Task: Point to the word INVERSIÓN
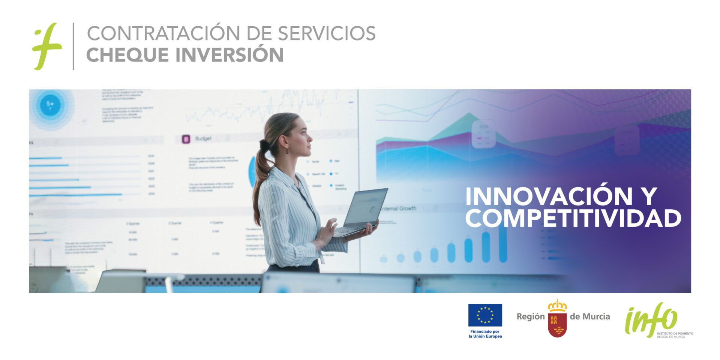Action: [230, 54]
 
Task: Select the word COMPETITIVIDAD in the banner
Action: [573, 219]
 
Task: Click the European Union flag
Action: [485, 315]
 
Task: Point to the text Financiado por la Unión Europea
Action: [485, 334]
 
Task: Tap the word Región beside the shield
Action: [530, 316]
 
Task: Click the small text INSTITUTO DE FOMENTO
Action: [675, 333]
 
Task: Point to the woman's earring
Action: [288, 151]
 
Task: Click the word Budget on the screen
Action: [203, 139]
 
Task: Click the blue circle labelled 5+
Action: [50, 104]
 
